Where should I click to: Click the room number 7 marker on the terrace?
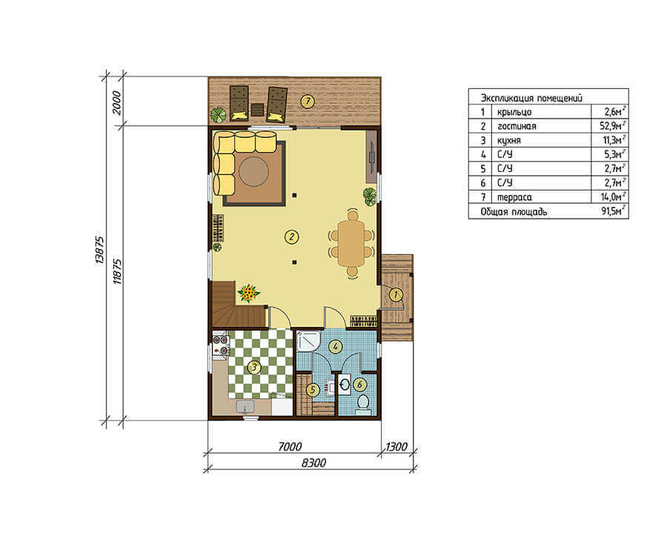(307, 102)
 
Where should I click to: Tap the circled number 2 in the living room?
(291, 236)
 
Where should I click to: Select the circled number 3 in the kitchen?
(254, 367)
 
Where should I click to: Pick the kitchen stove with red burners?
(221, 345)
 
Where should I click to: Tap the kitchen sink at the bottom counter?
(245, 407)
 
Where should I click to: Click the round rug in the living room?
(253, 172)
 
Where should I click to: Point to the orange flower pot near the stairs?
(249, 294)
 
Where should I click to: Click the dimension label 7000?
(290, 447)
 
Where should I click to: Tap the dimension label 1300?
(396, 447)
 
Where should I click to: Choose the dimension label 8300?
(313, 463)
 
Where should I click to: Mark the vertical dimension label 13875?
(99, 250)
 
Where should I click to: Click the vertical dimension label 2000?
(116, 103)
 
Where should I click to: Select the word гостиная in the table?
(517, 126)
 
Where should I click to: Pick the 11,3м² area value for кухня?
(613, 139)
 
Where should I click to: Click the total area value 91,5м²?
(613, 211)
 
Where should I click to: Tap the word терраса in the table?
(514, 197)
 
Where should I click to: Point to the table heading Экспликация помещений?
(531, 98)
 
